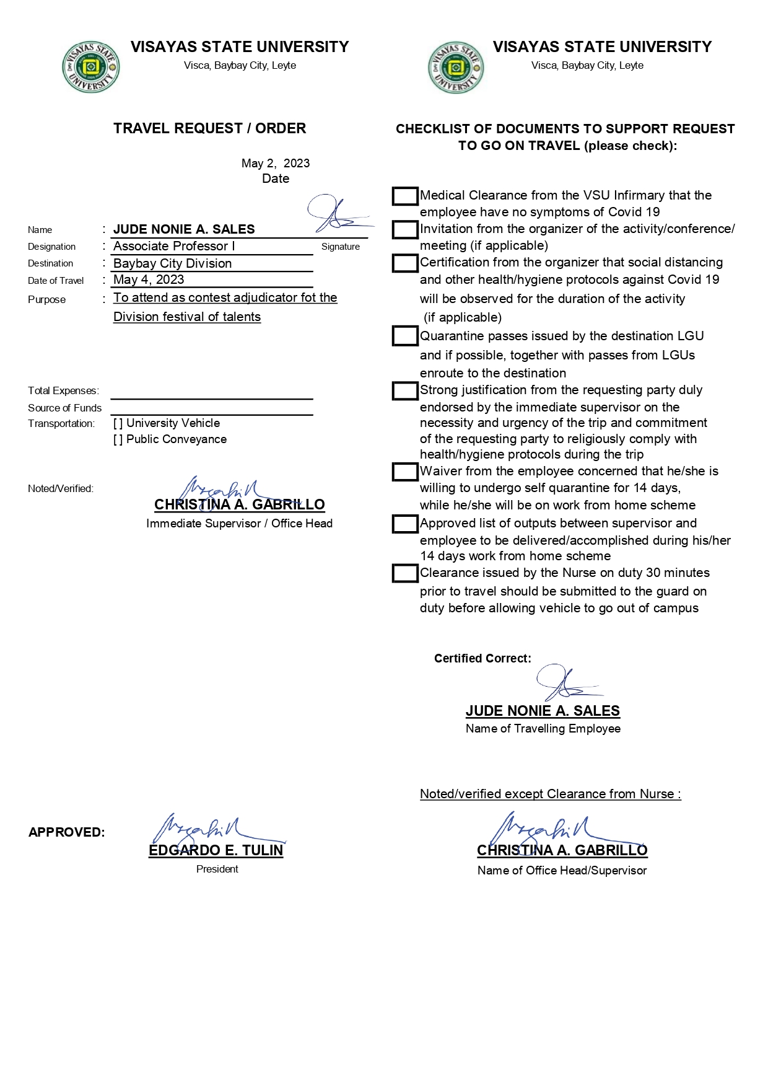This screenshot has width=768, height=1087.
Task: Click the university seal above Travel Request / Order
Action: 90,68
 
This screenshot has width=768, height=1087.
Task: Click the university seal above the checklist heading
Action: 456,68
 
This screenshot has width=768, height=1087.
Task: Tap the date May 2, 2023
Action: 276,164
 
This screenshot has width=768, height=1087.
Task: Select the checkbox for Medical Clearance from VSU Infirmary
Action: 405,196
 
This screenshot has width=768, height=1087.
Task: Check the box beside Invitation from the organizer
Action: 405,230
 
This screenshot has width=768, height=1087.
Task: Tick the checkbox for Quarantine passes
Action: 405,337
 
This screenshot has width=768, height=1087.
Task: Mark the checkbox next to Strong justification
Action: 405,391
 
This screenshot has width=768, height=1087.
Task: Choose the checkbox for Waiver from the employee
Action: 405,472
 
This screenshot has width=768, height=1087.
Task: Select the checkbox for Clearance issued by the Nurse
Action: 405,573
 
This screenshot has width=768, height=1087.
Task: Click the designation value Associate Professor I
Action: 174,247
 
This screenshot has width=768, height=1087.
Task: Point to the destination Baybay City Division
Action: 173,263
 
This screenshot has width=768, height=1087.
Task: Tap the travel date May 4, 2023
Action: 149,280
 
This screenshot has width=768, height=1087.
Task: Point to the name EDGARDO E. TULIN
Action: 216,851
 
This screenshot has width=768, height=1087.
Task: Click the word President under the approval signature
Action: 217,869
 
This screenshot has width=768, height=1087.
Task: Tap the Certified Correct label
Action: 482,659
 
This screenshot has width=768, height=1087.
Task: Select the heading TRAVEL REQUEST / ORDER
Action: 210,129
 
